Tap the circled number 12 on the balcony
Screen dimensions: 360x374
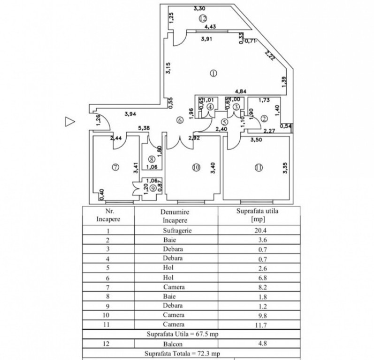202,19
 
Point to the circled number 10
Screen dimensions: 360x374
195,166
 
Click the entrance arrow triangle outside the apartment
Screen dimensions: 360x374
70,121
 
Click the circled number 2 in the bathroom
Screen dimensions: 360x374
264,119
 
